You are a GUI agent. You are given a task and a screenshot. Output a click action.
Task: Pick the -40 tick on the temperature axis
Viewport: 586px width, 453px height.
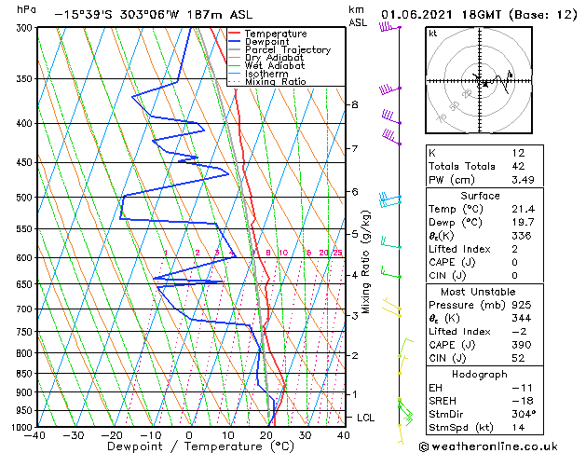[x=35, y=435]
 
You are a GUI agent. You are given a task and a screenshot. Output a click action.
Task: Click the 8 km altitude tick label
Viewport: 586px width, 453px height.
[x=355, y=104]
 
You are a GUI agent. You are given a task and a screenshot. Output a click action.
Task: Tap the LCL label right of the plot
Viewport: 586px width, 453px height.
[x=365, y=418]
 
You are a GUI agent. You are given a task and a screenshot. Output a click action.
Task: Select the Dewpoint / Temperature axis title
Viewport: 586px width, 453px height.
[x=189, y=447]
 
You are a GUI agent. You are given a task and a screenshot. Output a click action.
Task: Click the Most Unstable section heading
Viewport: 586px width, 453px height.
[x=479, y=291]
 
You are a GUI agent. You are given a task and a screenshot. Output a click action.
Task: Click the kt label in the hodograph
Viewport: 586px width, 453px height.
[x=433, y=34]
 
